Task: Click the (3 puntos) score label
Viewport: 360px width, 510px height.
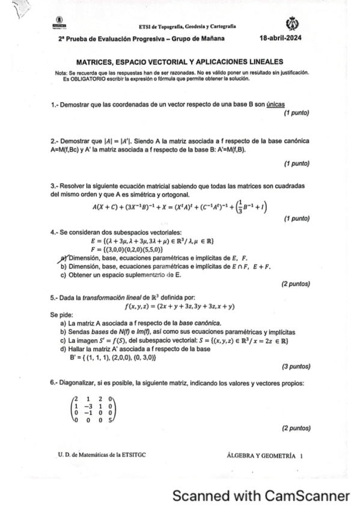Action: point(295,365)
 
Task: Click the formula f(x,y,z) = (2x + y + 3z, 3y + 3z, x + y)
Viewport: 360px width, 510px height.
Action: point(179,306)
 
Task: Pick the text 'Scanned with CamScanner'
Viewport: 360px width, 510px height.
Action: point(261,496)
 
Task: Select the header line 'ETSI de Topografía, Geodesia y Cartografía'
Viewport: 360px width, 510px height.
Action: point(187,27)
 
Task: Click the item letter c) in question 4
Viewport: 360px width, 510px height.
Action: point(64,275)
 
